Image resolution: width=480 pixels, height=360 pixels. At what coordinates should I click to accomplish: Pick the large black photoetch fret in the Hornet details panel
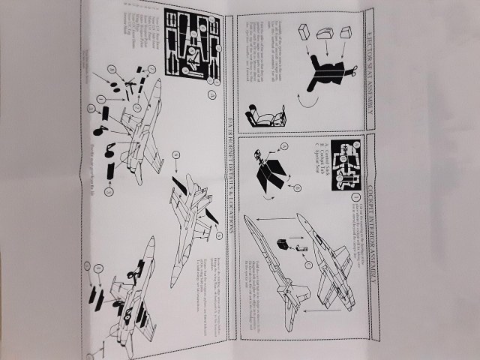190,43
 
